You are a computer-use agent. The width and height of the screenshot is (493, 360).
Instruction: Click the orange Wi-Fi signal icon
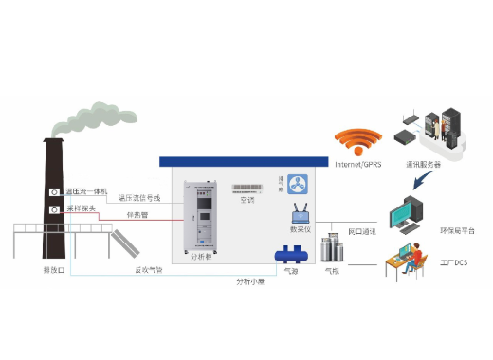pyautogui.click(x=356, y=143)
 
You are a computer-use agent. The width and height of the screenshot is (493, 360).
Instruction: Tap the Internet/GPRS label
pyautogui.click(x=357, y=164)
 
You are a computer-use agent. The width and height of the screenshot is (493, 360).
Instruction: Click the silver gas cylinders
pyautogui.click(x=332, y=249)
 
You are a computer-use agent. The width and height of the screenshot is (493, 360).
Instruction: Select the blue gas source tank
pyautogui.click(x=290, y=254)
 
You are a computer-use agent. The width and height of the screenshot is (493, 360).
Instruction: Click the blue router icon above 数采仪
pyautogui.click(x=301, y=213)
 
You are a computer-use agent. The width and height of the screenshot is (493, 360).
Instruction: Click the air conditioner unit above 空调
pyautogui.click(x=246, y=188)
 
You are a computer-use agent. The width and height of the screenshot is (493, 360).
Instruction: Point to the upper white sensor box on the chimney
pyautogui.click(x=54, y=192)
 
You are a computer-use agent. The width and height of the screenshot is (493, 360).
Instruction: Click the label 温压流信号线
pyautogui.click(x=139, y=198)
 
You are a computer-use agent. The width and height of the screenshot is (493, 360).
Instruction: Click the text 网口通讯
pyautogui.click(x=362, y=231)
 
